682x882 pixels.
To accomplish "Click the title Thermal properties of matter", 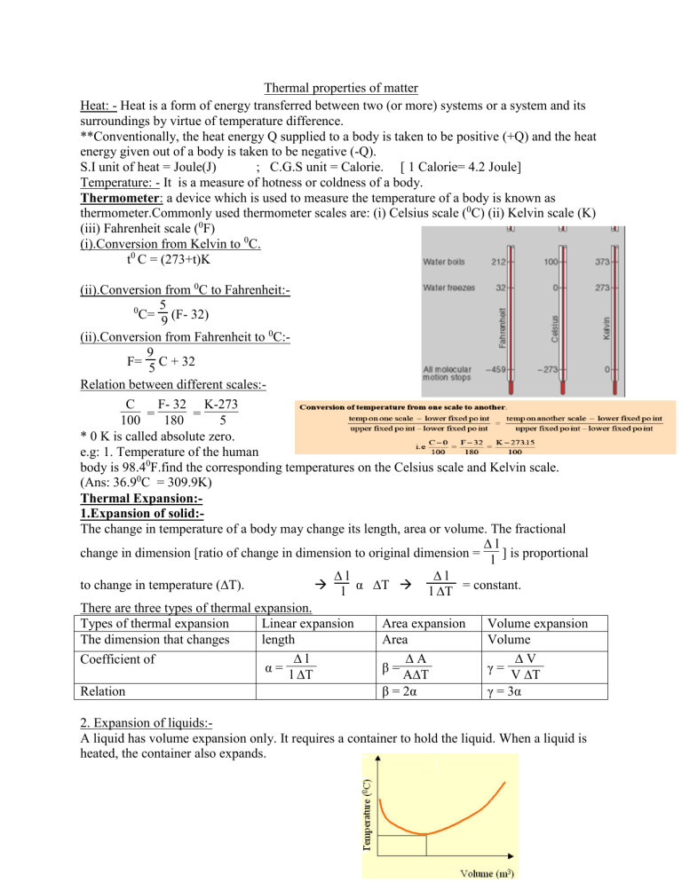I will tap(340, 89).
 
